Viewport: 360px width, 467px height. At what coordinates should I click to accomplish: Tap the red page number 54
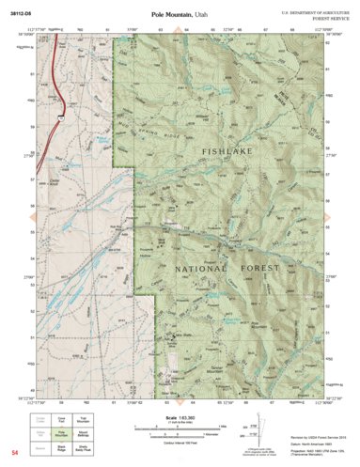tap(15, 453)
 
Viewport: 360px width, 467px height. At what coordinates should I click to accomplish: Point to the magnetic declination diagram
tap(255, 429)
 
